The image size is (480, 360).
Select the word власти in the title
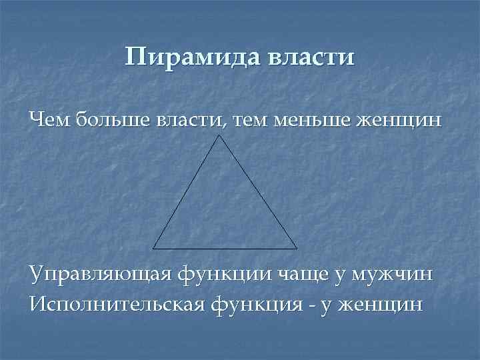311,58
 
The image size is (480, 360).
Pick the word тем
244,121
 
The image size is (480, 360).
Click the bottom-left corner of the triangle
154,247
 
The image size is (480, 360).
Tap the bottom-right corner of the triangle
297,247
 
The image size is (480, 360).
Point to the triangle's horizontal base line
225,247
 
